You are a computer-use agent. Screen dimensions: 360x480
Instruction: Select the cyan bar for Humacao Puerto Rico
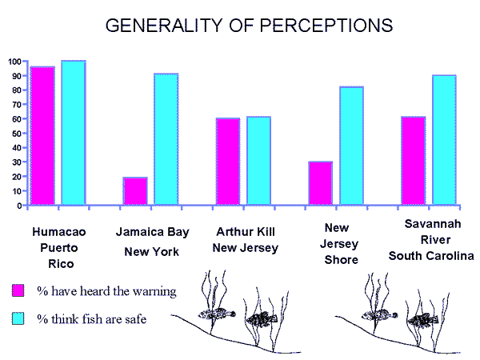73,133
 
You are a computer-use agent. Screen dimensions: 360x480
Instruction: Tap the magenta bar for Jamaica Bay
135,191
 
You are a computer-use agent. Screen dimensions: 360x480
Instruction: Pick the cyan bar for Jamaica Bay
166,139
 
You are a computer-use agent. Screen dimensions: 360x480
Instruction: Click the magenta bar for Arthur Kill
228,162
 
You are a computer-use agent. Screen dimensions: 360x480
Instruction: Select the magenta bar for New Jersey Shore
321,183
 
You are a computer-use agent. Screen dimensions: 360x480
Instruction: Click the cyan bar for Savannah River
444,140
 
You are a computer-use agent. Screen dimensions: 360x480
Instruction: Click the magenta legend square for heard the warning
18,290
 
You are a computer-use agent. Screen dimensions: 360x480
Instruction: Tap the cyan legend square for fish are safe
18,319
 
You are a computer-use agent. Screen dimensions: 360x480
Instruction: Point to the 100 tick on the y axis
14,61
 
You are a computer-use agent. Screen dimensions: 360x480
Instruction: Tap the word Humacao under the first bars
59,232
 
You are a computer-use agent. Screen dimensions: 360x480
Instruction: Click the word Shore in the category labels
342,259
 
